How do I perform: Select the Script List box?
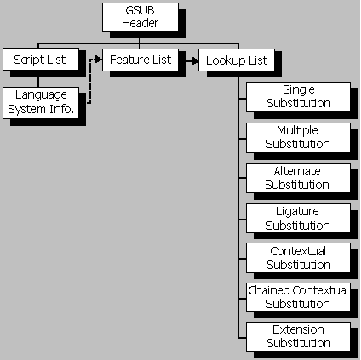(39, 60)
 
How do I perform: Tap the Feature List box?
(140, 60)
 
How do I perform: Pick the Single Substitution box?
(297, 96)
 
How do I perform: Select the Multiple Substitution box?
(297, 137)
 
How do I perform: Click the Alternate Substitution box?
(297, 178)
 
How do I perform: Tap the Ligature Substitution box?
(297, 219)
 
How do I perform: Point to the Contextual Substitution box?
(297, 258)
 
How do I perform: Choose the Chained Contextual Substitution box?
(297, 297)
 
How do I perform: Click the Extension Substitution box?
(297, 336)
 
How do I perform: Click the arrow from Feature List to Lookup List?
(189, 60)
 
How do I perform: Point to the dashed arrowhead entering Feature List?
(100, 60)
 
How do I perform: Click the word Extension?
(297, 330)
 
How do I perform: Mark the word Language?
(39, 94)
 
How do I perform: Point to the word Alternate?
(297, 172)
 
